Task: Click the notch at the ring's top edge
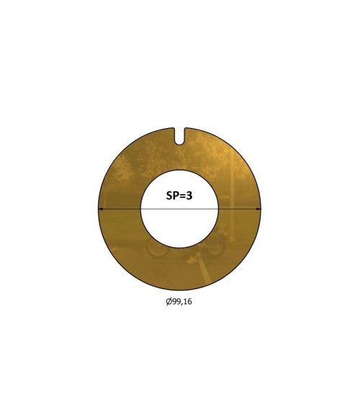179,136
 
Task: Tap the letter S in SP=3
169,196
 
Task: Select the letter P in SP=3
175,196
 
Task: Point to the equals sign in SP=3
181,196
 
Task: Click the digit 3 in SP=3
189,196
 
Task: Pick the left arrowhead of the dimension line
100,209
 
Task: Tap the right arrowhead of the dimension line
258,209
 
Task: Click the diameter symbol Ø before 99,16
169,301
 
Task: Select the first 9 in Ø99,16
174,301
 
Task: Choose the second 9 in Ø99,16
179,301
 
